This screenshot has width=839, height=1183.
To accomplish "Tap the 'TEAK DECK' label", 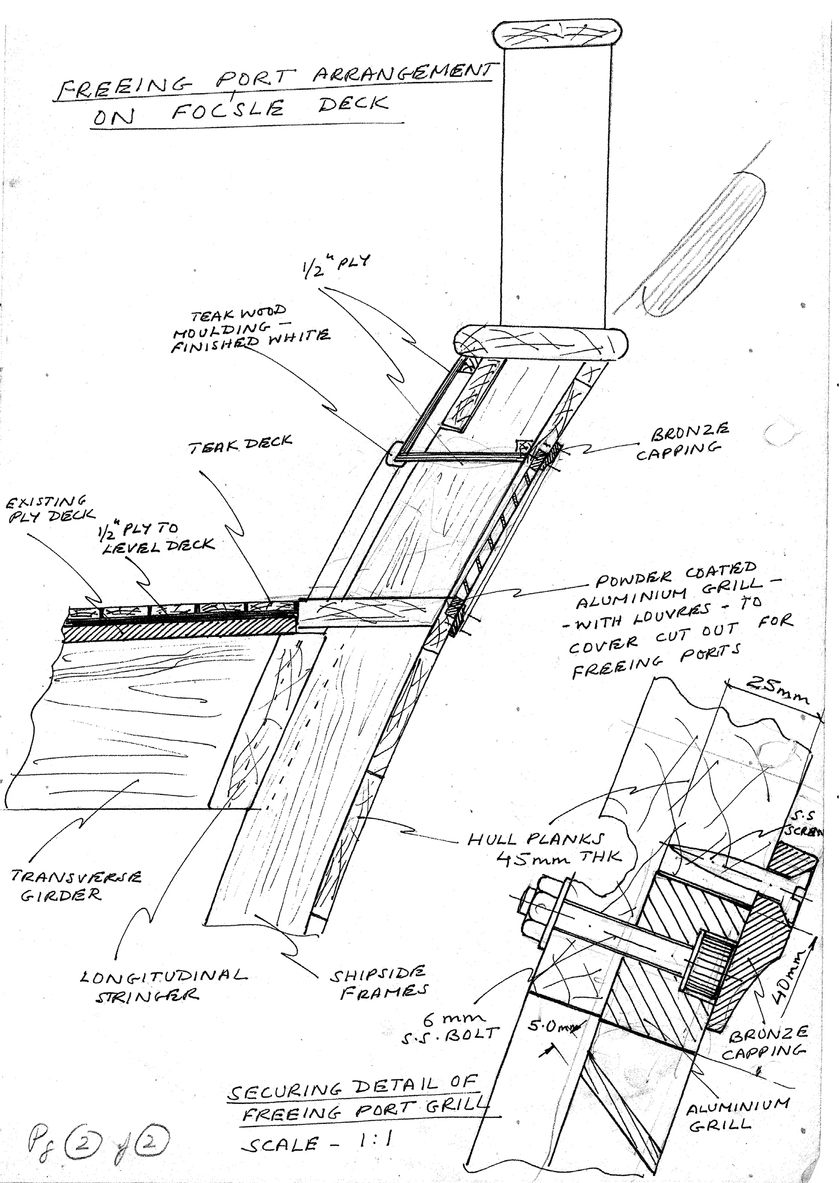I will coord(240,444).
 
